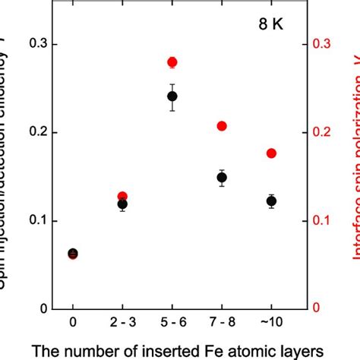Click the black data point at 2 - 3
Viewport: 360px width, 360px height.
[x=122, y=204]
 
